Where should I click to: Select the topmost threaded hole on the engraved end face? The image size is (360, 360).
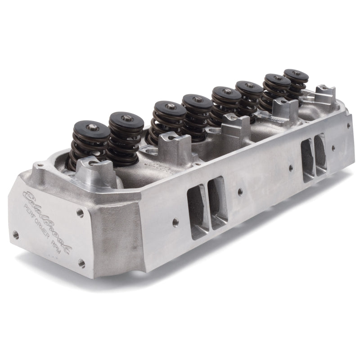(80, 211)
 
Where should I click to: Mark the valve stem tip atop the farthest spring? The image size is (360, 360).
(297, 73)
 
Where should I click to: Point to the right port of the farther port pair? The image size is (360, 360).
(321, 153)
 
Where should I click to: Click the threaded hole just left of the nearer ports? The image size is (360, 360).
(174, 221)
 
